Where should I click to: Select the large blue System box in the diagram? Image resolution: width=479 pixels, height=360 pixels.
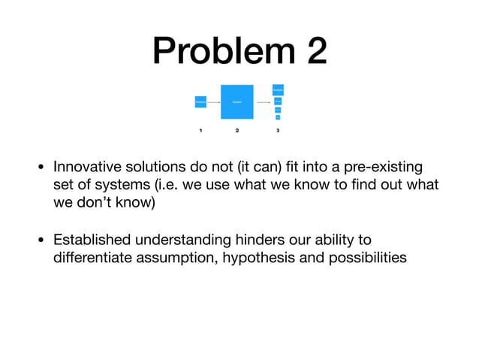236,101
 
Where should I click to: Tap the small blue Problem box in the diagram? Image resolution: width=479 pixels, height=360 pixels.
200,101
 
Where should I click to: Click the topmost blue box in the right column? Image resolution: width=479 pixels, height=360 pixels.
278,89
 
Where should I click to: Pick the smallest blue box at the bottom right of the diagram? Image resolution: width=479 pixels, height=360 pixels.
278,117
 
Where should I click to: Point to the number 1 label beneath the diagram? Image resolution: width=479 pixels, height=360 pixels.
200,131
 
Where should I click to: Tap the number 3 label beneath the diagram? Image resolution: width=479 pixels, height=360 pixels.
278,131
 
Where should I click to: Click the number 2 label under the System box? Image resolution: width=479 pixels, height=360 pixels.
236,131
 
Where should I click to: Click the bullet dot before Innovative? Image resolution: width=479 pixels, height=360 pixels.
41,166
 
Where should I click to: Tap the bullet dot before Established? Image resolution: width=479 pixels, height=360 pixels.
41,241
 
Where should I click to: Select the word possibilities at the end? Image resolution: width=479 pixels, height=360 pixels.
360,258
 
